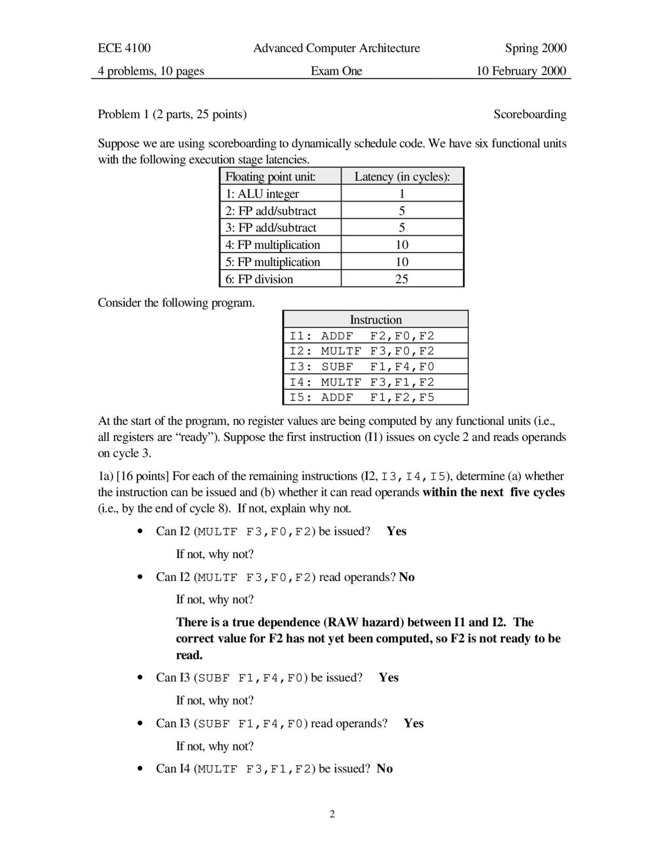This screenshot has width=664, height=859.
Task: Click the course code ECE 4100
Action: click(x=124, y=48)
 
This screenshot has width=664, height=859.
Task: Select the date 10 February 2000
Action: click(x=521, y=71)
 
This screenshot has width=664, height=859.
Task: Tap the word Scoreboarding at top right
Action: click(x=530, y=114)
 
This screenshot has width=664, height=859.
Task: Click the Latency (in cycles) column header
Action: click(x=402, y=176)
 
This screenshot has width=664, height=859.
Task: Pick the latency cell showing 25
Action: click(x=402, y=279)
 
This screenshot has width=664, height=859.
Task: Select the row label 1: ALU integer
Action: click(x=262, y=194)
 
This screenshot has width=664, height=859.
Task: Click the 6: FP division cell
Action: click(x=259, y=279)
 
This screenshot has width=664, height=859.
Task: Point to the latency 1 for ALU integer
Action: click(x=402, y=194)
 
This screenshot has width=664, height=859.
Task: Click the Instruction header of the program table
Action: click(x=376, y=320)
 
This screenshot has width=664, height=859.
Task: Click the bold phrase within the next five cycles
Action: click(x=493, y=492)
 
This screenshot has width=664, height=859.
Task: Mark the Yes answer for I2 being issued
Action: click(x=396, y=531)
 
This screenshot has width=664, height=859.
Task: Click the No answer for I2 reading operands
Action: click(x=407, y=577)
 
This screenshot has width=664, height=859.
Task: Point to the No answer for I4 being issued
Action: click(x=384, y=769)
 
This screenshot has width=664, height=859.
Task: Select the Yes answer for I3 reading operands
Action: click(x=413, y=723)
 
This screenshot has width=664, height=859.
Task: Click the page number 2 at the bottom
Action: click(x=332, y=814)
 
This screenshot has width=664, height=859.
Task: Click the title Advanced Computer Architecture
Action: click(x=336, y=48)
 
